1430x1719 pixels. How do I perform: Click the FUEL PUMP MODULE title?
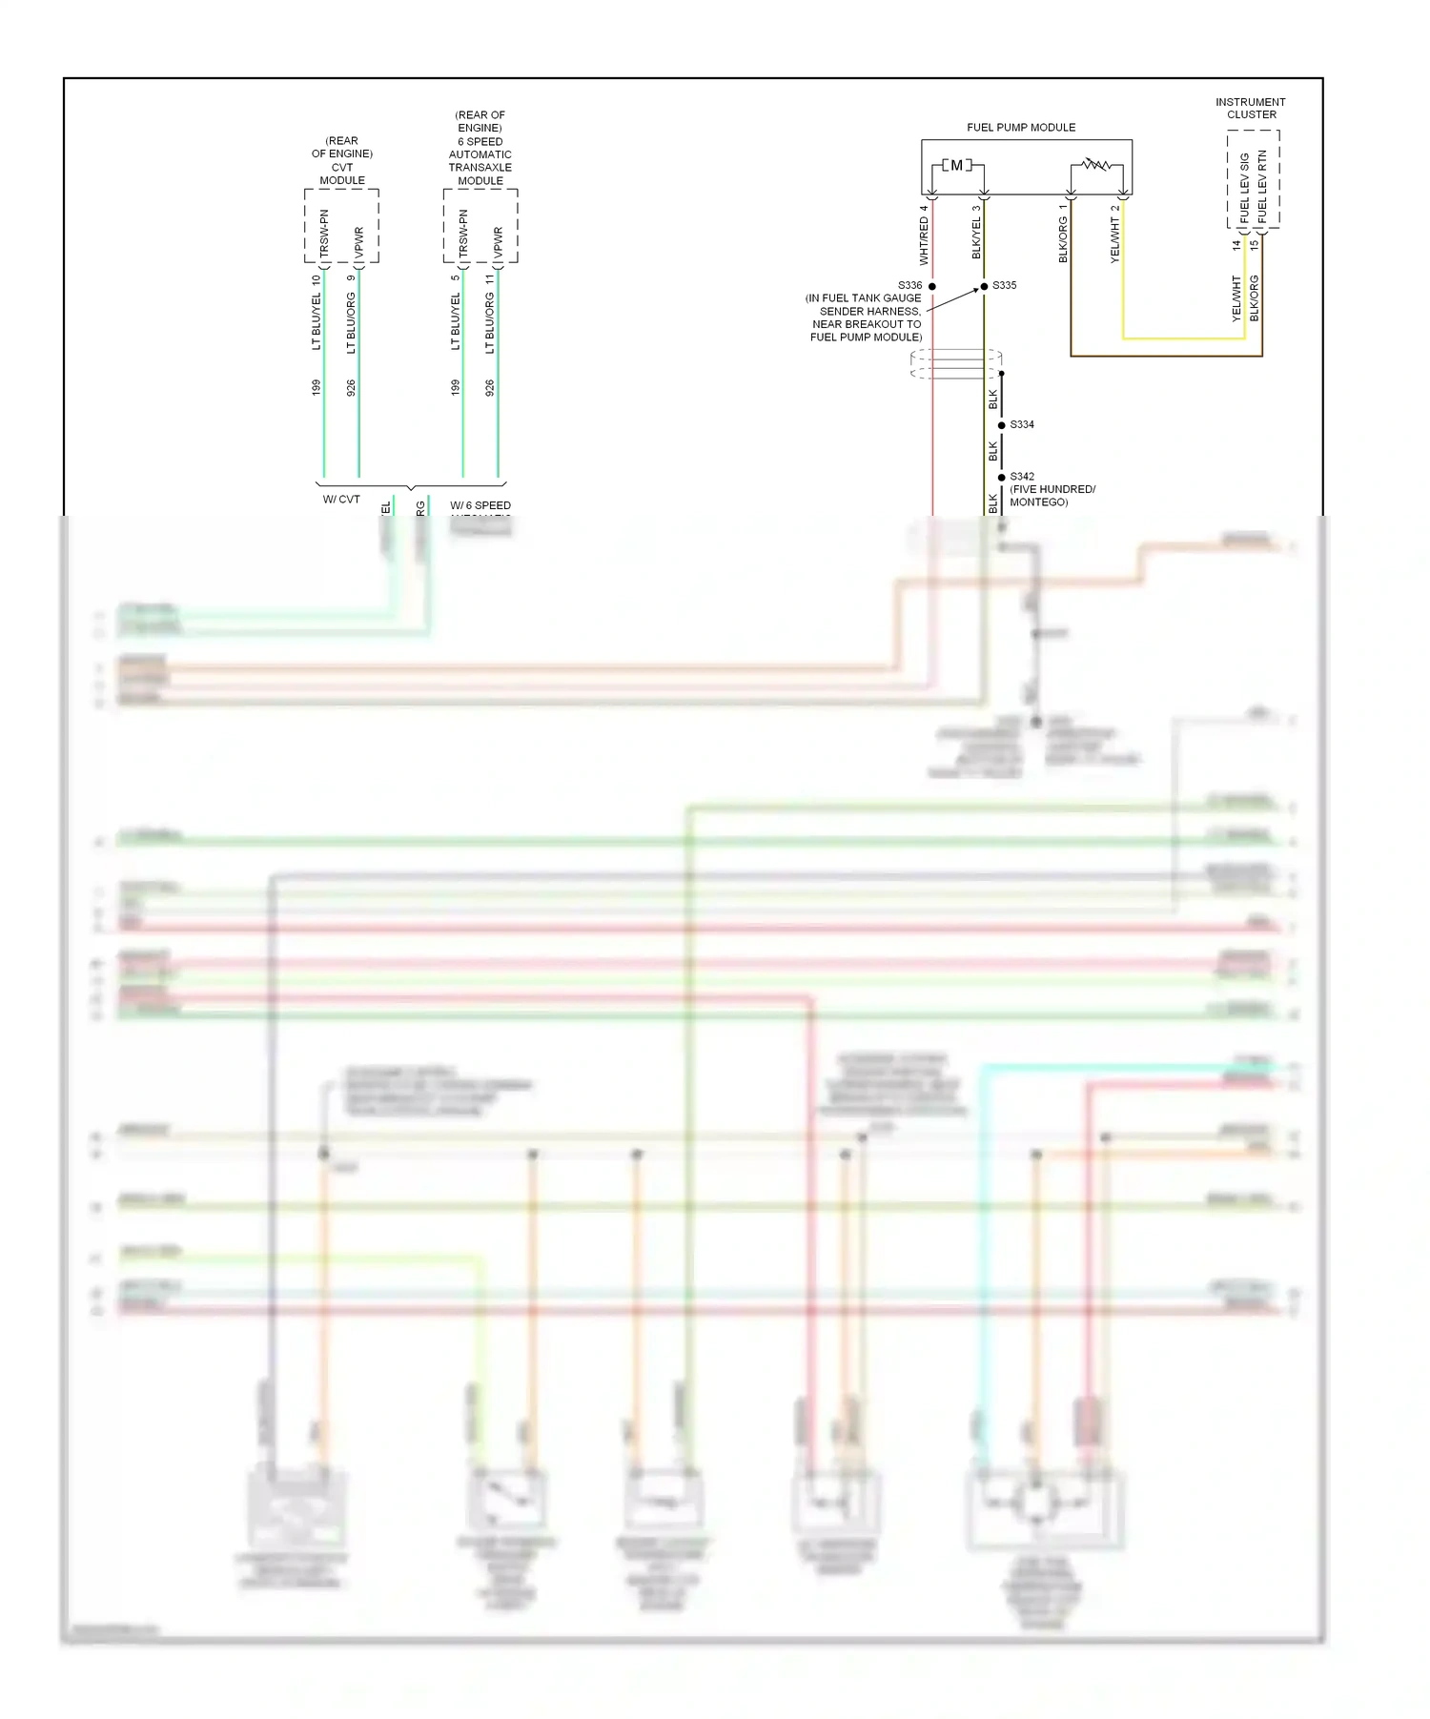pyautogui.click(x=1020, y=127)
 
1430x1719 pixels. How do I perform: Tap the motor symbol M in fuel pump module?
pyautogui.click(x=956, y=166)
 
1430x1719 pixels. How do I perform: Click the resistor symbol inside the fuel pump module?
pyautogui.click(x=1096, y=165)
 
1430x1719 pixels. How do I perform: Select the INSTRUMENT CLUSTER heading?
pyautogui.click(x=1250, y=108)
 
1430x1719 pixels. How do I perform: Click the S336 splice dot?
pyautogui.click(x=932, y=286)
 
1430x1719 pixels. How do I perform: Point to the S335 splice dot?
pyautogui.click(x=984, y=286)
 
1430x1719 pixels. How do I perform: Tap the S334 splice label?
pyautogui.click(x=1022, y=424)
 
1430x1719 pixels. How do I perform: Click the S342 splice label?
pyautogui.click(x=1022, y=476)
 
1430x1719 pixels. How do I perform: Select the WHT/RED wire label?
pyautogui.click(x=923, y=240)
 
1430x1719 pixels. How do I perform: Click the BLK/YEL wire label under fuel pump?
pyautogui.click(x=975, y=238)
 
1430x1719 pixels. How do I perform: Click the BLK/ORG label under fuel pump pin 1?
pyautogui.click(x=1062, y=239)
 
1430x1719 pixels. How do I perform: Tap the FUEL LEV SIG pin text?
pyautogui.click(x=1244, y=188)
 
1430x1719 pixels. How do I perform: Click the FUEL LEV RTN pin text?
pyautogui.click(x=1262, y=186)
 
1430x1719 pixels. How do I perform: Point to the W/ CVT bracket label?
pyautogui.click(x=341, y=500)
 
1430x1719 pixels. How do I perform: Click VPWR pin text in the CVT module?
pyautogui.click(x=358, y=243)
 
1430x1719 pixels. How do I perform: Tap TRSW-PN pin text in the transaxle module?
pyautogui.click(x=463, y=234)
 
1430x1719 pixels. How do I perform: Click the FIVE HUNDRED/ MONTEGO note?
pyautogui.click(x=1052, y=496)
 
